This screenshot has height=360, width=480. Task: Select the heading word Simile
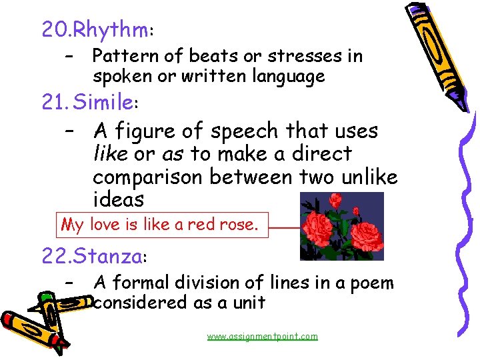(x=103, y=103)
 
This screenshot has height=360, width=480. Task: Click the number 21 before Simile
(x=53, y=103)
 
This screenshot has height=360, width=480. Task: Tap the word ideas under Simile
(x=118, y=199)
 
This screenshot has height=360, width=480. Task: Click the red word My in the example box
(x=72, y=225)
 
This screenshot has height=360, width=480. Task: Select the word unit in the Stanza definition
(x=249, y=303)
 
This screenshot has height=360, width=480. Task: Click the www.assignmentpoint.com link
(x=262, y=337)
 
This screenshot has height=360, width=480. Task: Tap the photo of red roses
(x=341, y=226)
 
